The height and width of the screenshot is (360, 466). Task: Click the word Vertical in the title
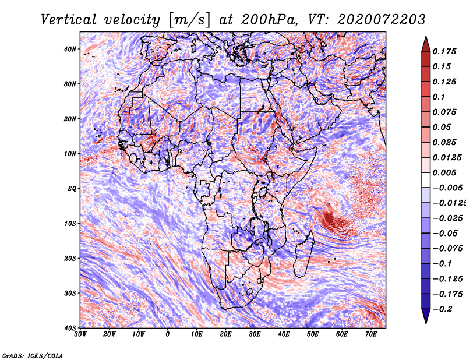point(68,20)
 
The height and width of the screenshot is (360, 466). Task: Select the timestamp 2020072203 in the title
point(382,20)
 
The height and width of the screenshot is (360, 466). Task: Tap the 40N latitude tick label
point(70,49)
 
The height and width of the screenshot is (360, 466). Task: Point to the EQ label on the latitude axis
point(72,189)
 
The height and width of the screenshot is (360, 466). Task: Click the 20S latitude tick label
point(70,258)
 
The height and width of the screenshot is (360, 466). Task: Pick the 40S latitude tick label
point(70,328)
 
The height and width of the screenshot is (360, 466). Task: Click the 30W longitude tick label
point(80,334)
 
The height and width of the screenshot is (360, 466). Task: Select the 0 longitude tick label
point(168,334)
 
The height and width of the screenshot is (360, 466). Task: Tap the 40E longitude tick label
point(284,334)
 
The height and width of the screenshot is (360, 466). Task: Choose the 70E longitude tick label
point(371,334)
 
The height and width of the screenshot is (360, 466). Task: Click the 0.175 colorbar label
point(444,51)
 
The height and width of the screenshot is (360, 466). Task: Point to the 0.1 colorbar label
point(439,97)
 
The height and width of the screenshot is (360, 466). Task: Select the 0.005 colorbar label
point(444,172)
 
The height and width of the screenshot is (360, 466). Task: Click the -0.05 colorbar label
point(445,234)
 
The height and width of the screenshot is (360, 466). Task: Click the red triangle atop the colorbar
point(426,45)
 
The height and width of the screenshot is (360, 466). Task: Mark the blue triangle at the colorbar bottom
point(426,316)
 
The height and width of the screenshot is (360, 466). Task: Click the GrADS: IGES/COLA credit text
point(33,355)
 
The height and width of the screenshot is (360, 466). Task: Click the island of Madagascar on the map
point(303,255)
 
